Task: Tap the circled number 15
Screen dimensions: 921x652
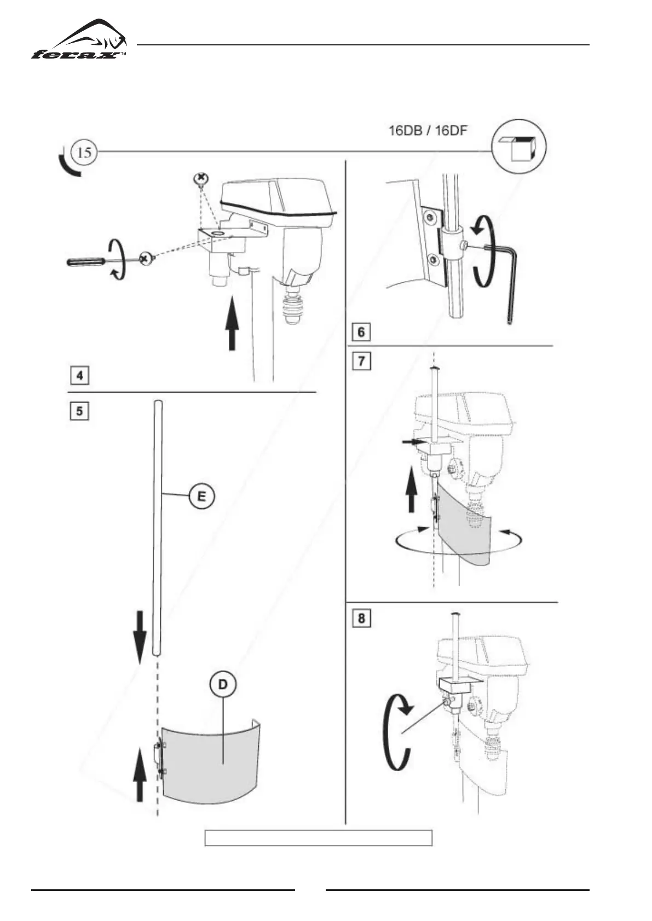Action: pos(84,152)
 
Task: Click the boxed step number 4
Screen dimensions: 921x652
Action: pos(80,376)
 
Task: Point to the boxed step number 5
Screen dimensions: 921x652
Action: pos(80,410)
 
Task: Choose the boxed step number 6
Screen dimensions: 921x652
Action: pos(361,331)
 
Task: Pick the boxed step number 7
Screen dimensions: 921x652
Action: pos(361,361)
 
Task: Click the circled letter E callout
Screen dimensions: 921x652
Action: pos(201,497)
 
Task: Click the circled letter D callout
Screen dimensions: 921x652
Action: pos(223,685)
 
